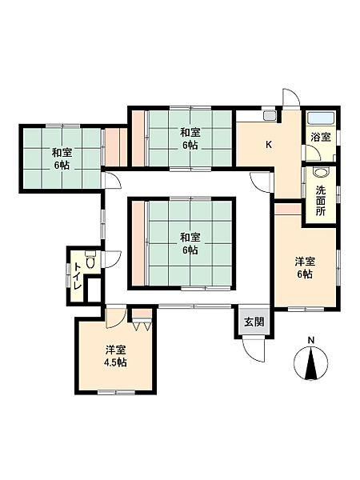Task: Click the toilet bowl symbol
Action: point(90,260)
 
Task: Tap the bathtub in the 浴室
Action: point(321,118)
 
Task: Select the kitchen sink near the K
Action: point(270,116)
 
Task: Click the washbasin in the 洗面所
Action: point(320,172)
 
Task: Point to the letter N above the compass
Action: point(311,340)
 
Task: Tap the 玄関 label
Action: point(254,322)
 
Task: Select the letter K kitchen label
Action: point(269,145)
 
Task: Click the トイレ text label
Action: point(77,277)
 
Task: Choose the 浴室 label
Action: point(321,137)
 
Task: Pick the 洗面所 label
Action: point(321,201)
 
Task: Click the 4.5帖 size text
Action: point(115,362)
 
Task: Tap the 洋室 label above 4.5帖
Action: point(116,350)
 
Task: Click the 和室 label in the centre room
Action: point(190,238)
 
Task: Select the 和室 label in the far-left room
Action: point(62,152)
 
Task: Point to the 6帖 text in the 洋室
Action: point(306,274)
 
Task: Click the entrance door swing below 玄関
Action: point(253,349)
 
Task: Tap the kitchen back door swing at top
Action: point(291,97)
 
